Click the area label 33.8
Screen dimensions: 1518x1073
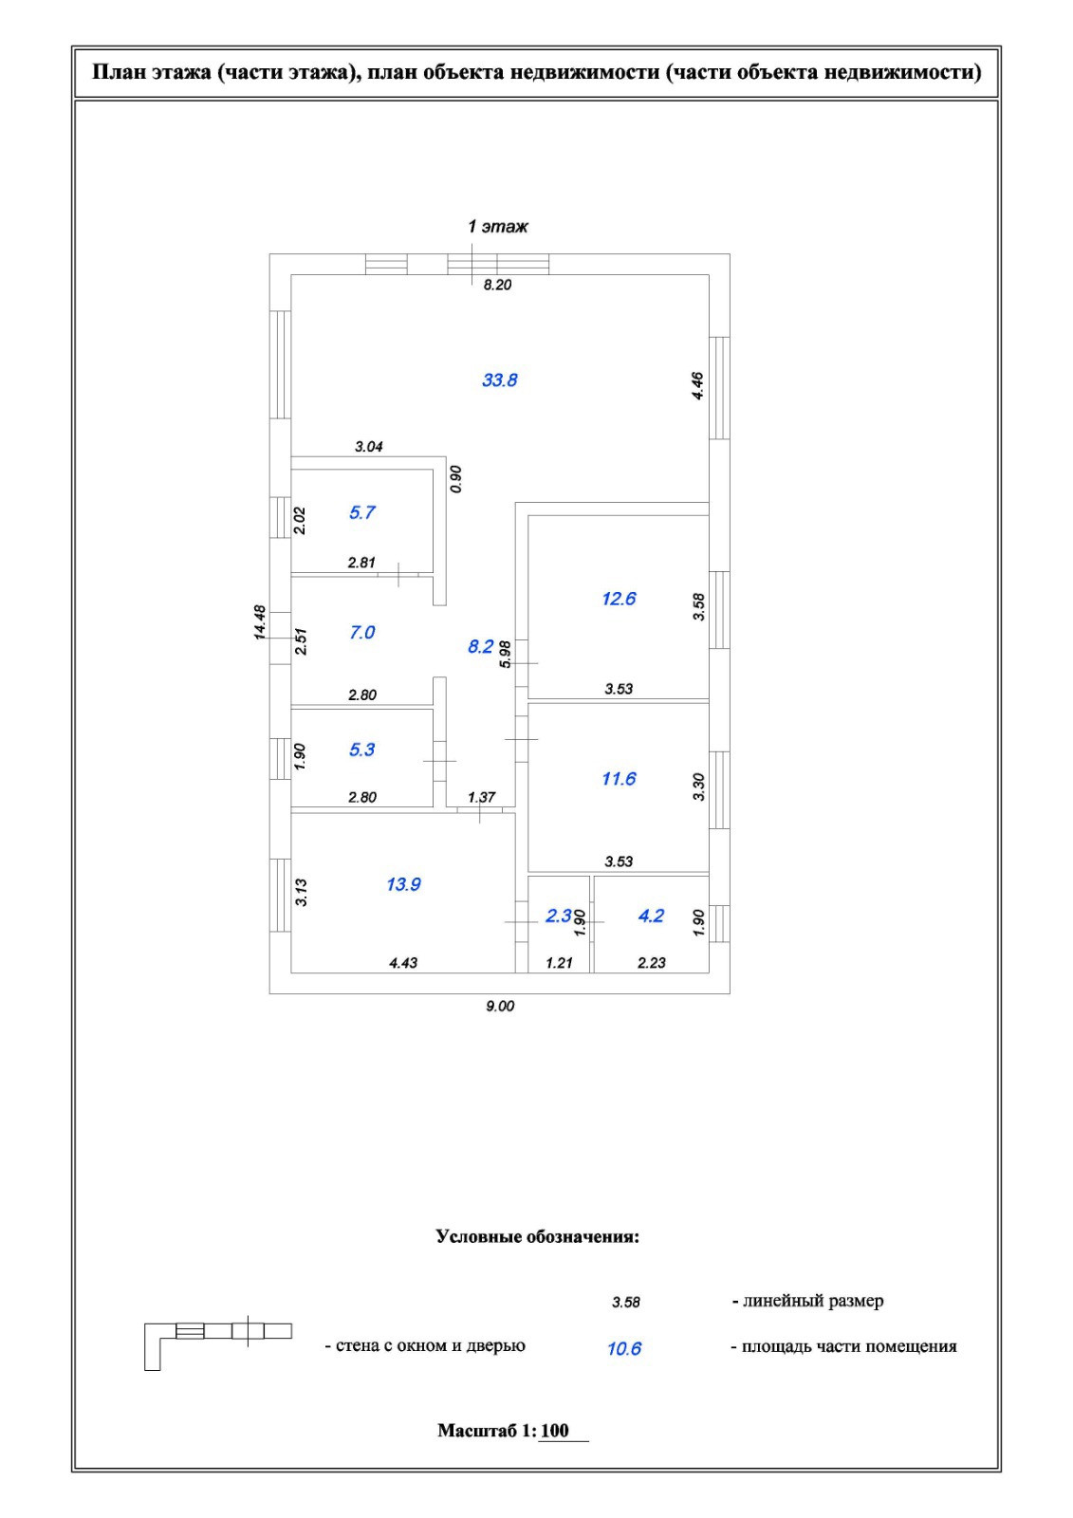tap(499, 380)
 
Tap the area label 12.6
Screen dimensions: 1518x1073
tap(619, 599)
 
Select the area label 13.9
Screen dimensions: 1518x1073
tap(403, 884)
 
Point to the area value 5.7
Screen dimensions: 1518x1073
tap(362, 512)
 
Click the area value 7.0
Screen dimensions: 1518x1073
tap(362, 632)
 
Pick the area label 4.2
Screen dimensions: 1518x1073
tap(651, 916)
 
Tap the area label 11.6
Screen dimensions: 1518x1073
tap(619, 779)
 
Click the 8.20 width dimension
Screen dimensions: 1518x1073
tap(497, 285)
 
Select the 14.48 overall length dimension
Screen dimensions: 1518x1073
tap(261, 623)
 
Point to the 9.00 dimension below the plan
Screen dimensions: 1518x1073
tap(500, 1006)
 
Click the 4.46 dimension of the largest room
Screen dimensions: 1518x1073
tap(698, 386)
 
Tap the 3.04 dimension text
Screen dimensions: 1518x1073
tap(369, 446)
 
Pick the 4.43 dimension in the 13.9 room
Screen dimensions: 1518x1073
tap(403, 963)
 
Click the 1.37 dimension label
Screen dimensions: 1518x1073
tap(482, 797)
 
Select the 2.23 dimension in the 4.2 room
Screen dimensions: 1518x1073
tap(652, 963)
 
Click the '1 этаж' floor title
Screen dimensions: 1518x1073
tap(498, 227)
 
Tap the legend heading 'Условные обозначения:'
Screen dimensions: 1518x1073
tap(537, 1237)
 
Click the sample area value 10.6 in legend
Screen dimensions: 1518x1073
tap(624, 1348)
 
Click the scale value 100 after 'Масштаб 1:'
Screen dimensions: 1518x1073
tap(556, 1431)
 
